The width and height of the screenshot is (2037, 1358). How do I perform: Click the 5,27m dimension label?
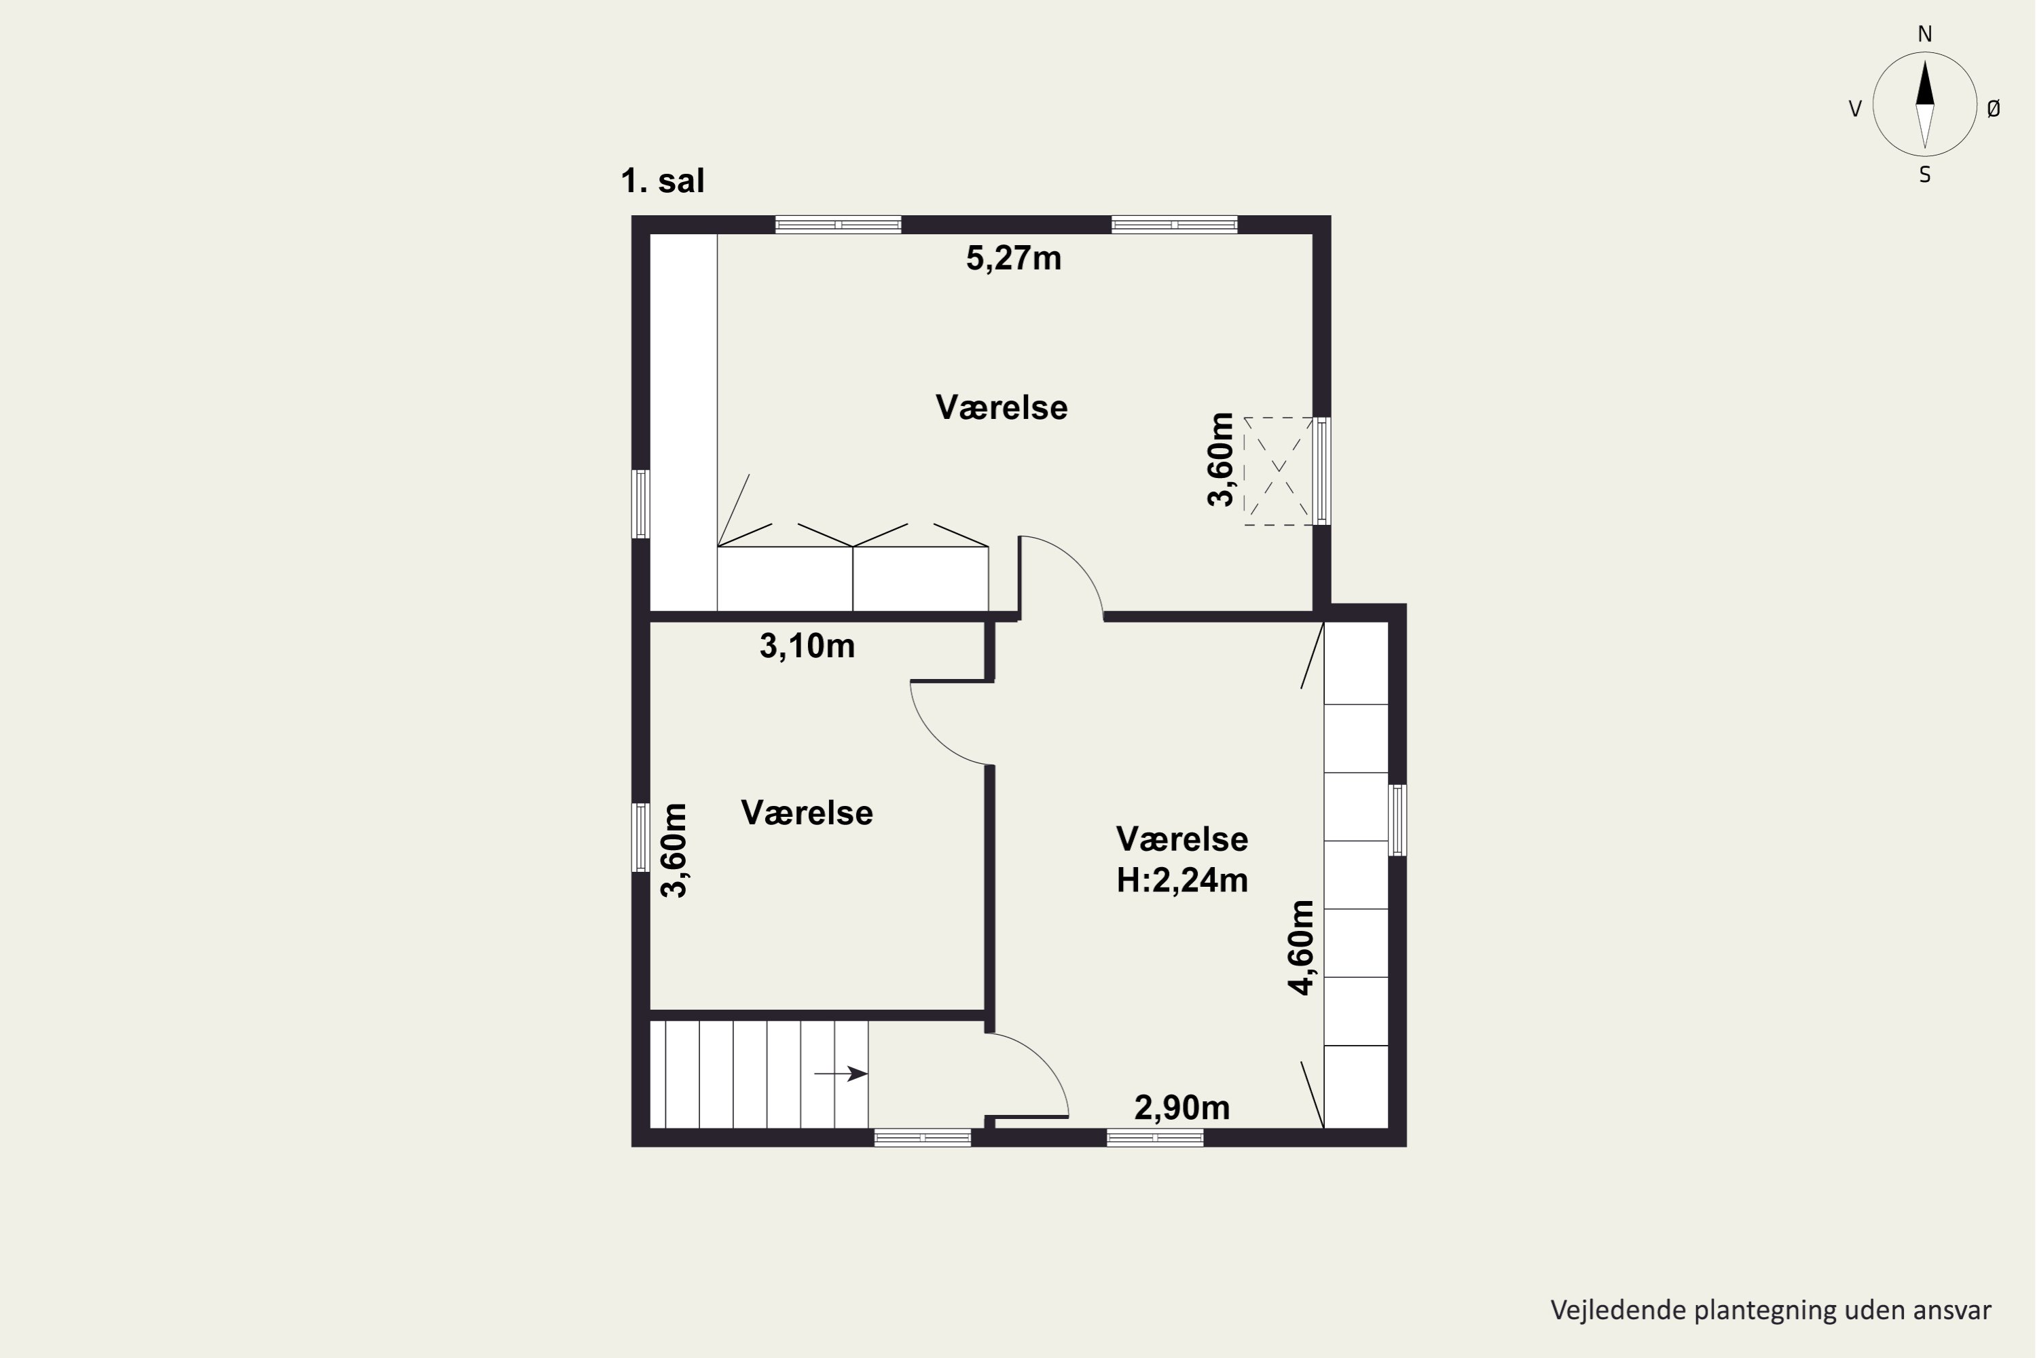pyautogui.click(x=1013, y=258)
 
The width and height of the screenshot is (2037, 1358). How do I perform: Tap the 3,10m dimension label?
pyautogui.click(x=807, y=646)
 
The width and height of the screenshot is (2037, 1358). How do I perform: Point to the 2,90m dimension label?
pyautogui.click(x=1182, y=1107)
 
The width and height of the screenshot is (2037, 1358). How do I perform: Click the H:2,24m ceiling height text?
pyautogui.click(x=1182, y=881)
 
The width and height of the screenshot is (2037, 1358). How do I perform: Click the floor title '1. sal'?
pyautogui.click(x=663, y=181)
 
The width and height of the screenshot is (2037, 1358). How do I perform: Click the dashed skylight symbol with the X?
pyautogui.click(x=1279, y=471)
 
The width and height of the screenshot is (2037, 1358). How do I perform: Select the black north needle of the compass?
pyautogui.click(x=1924, y=82)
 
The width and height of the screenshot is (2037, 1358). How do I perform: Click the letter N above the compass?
pyautogui.click(x=1924, y=35)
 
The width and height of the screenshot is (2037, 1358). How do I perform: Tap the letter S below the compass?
pyautogui.click(x=1924, y=175)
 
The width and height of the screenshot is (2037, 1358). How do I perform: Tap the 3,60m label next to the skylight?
pyautogui.click(x=1220, y=460)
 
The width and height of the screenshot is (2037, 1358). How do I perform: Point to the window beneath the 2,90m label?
pyautogui.click(x=1156, y=1138)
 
